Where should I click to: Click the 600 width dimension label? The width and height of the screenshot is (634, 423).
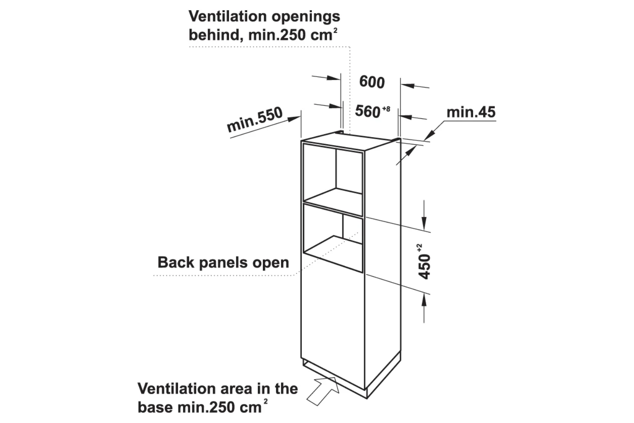tap(372, 82)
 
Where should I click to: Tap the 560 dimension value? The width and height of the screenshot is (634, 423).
tap(367, 111)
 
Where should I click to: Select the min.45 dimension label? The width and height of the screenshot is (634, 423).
tap(471, 112)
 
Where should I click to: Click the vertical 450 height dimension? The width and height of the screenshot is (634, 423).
tap(425, 266)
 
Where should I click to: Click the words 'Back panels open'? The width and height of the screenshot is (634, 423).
tap(223, 262)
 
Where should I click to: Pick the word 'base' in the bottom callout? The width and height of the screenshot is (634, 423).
tap(155, 407)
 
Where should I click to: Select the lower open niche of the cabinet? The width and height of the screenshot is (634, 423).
tap(334, 241)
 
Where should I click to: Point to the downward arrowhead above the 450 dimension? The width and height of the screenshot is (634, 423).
tap(424, 222)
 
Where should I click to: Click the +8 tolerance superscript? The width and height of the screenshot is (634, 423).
tap(386, 110)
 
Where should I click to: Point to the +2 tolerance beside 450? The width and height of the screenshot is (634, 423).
tap(419, 248)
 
